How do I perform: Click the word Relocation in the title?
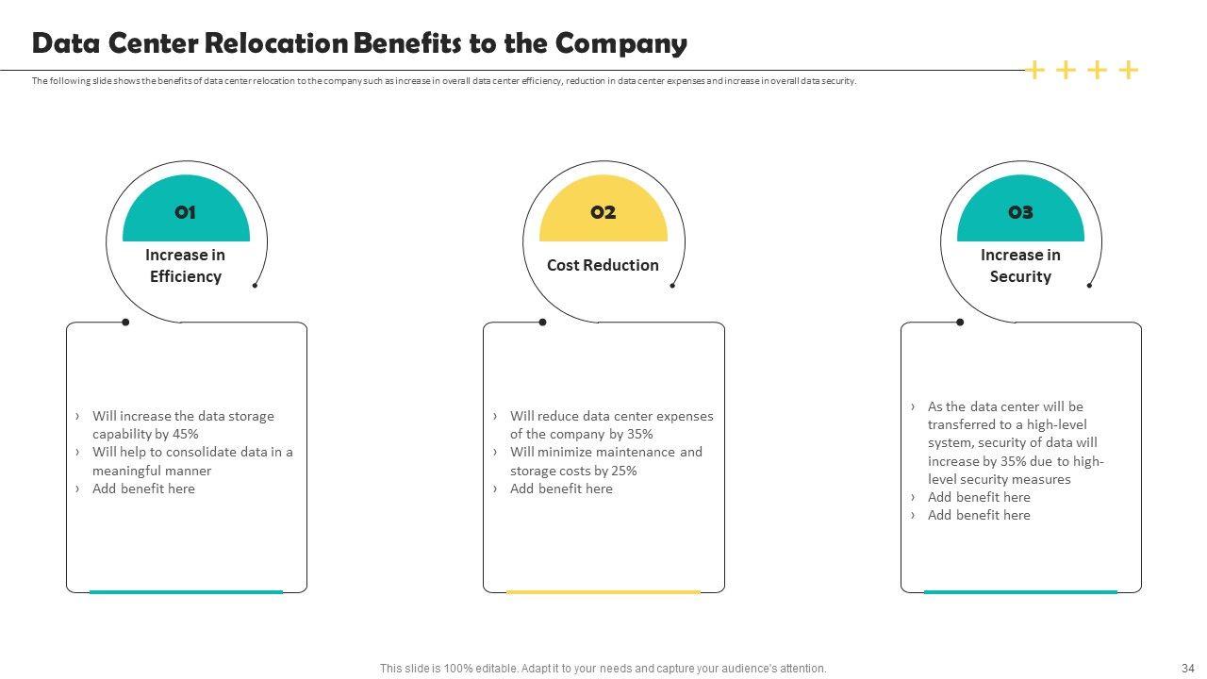[x=276, y=43]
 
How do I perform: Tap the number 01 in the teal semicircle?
[x=186, y=212]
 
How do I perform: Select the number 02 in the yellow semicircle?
[x=603, y=212]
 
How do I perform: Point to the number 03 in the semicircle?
[x=1020, y=212]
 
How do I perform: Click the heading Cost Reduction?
[x=603, y=265]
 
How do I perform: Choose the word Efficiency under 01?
[x=186, y=276]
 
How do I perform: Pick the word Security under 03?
[x=1020, y=276]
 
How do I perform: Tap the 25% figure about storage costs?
[x=624, y=471]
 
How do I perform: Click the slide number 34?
[x=1188, y=669]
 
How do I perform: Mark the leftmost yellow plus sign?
[x=1034, y=70]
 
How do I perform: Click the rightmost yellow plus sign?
[x=1129, y=70]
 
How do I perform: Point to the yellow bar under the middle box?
[x=603, y=592]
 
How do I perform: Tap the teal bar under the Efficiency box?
[x=186, y=592]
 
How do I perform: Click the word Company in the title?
[x=621, y=44]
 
